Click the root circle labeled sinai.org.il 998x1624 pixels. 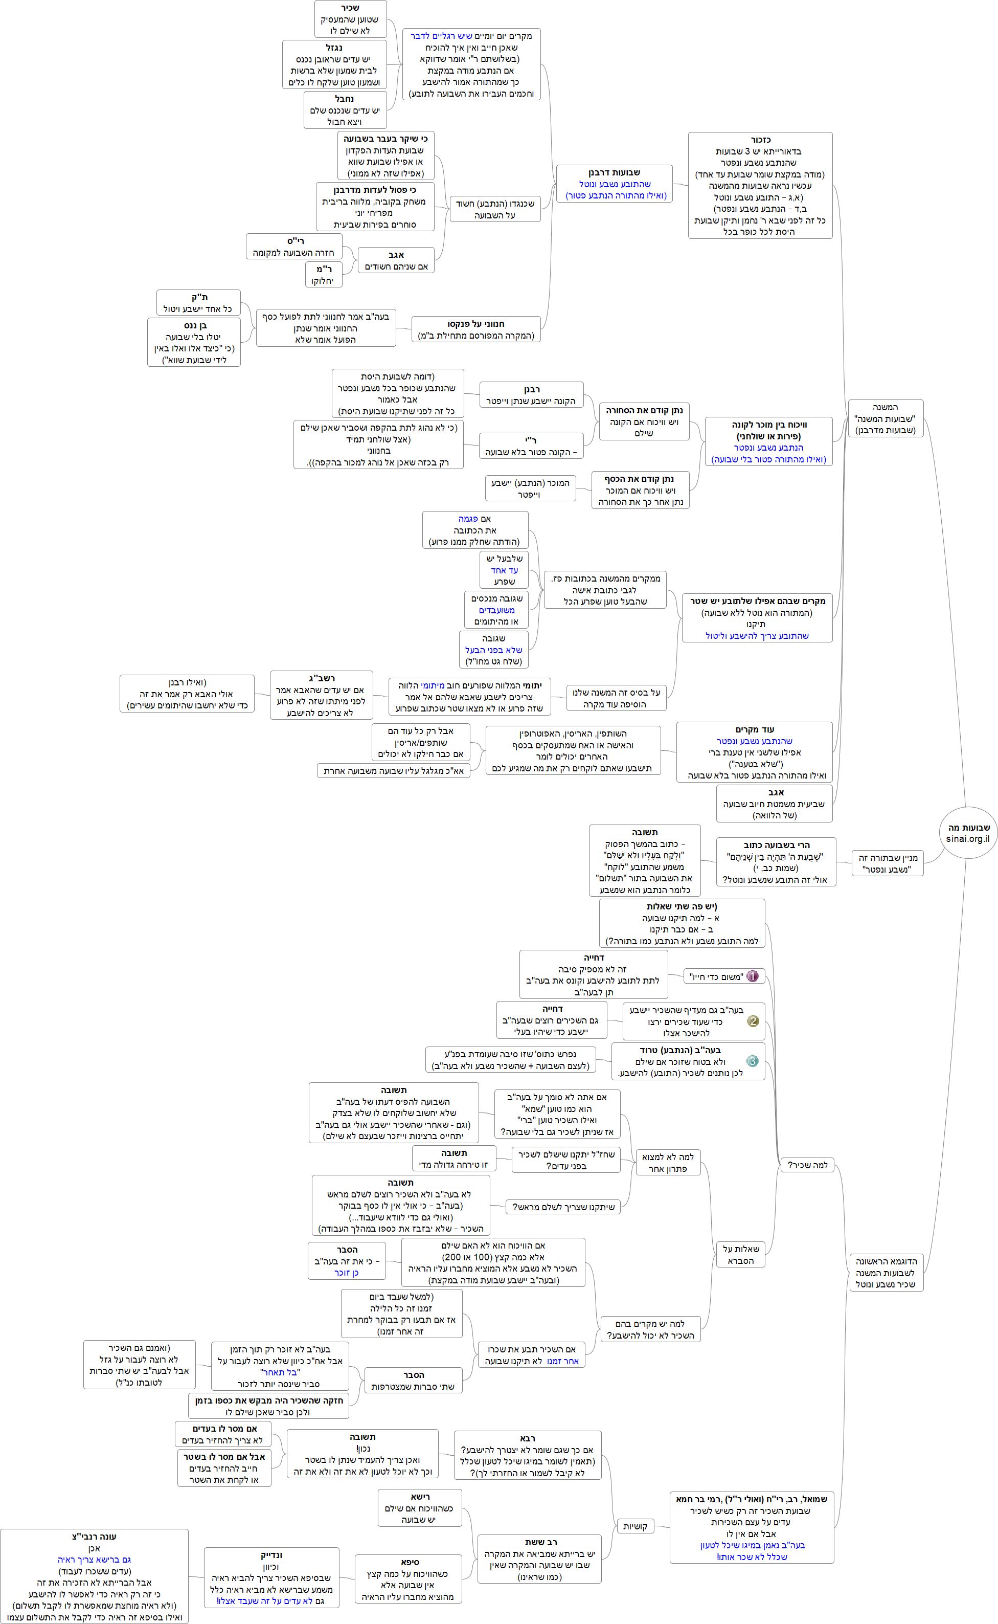click(968, 833)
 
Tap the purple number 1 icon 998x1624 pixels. click(753, 976)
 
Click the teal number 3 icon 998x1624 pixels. click(753, 1061)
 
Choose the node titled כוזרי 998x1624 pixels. click(760, 186)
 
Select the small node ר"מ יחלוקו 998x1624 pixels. click(324, 275)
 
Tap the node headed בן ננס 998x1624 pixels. click(194, 342)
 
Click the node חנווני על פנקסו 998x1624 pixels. click(475, 329)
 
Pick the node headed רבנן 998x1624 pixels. click(531, 395)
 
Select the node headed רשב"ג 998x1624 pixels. click(322, 695)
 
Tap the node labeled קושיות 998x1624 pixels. click(634, 1526)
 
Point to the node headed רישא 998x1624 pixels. click(419, 1508)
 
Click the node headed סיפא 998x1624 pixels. click(409, 1579)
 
